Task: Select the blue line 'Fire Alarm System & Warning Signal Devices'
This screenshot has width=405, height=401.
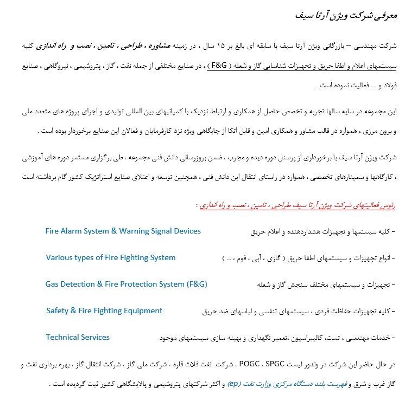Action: coord(123,231)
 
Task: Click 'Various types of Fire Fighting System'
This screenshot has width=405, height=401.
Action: coord(111,257)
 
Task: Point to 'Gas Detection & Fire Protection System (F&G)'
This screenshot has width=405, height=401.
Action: coord(126,284)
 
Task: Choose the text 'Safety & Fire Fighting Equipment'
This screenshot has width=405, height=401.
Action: coord(104,311)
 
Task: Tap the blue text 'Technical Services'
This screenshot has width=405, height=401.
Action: coord(78,337)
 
